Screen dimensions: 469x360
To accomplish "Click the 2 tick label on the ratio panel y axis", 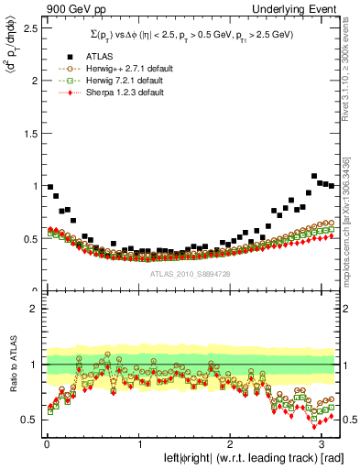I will (34, 309).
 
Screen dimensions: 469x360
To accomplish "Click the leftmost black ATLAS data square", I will (49, 186).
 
